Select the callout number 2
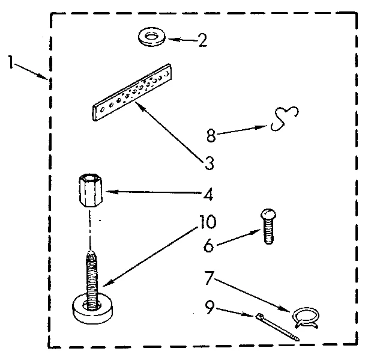[x=202, y=41]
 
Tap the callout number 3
[x=207, y=162]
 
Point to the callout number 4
[x=208, y=195]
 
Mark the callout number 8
[x=211, y=136]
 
